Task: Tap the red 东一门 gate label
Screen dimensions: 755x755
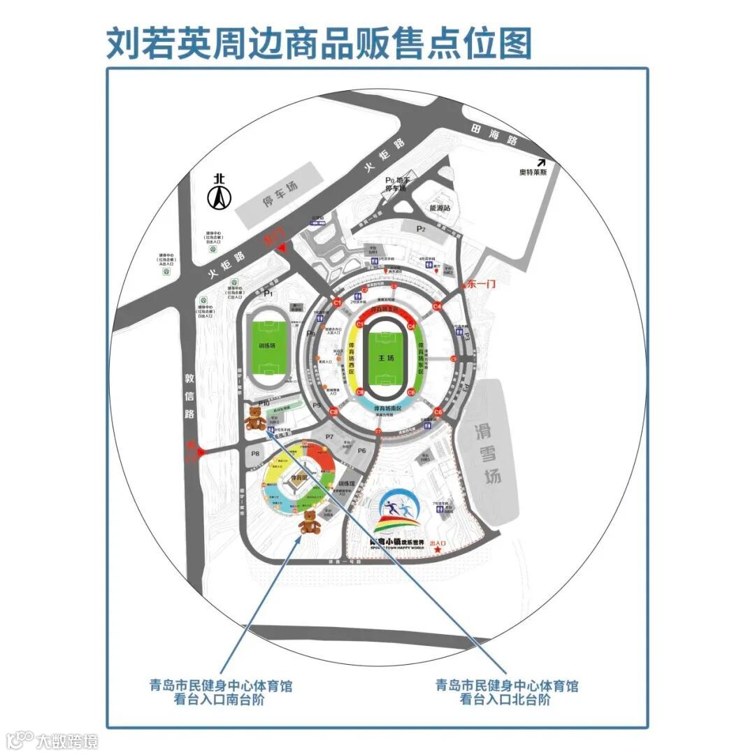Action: coord(480,284)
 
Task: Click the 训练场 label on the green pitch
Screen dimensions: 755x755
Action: coord(267,346)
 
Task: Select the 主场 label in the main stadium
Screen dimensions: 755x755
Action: coord(387,358)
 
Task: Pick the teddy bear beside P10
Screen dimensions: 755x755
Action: coord(256,419)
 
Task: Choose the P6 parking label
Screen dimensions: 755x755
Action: coord(362,451)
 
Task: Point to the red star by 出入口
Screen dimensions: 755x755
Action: coord(438,551)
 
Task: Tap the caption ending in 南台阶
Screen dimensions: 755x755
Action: coord(220,692)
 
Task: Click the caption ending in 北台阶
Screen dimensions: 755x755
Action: coord(506,692)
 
